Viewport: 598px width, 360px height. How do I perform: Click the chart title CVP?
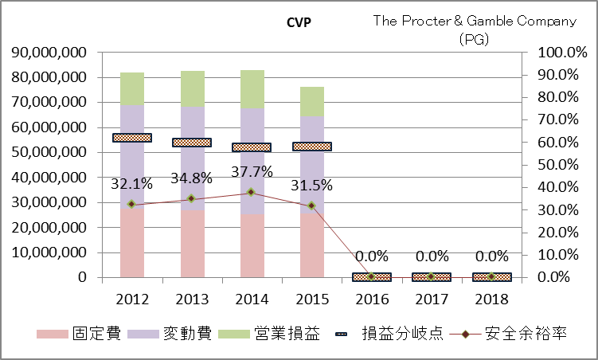click(299, 22)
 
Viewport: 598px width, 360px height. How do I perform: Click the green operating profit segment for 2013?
click(192, 88)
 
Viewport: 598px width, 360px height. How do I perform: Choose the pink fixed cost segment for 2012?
click(132, 243)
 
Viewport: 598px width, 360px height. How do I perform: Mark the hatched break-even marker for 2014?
click(252, 147)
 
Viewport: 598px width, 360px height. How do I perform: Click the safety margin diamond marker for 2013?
click(192, 198)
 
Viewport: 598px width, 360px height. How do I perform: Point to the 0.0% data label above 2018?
click(491, 256)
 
